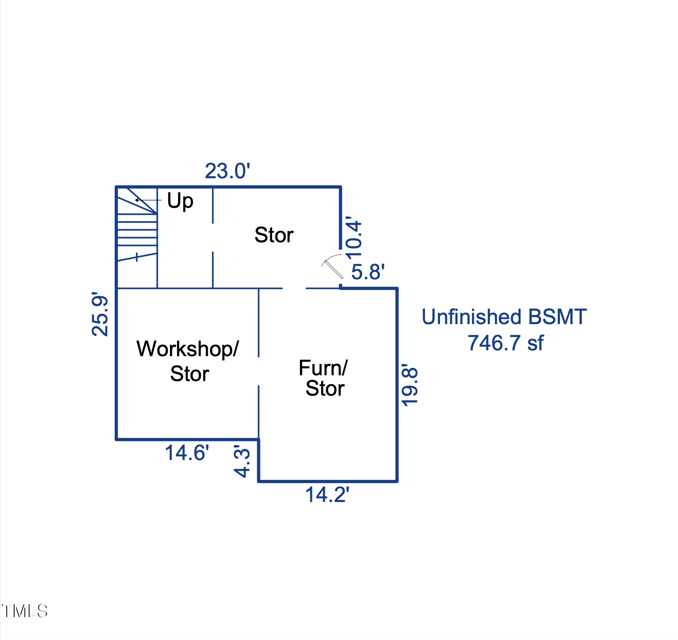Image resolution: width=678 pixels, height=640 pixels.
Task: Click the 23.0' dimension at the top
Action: click(x=227, y=171)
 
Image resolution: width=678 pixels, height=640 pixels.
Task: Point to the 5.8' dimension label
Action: click(x=368, y=272)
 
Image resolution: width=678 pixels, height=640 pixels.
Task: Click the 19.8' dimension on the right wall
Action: click(x=410, y=385)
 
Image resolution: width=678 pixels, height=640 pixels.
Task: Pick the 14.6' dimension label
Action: click(x=187, y=453)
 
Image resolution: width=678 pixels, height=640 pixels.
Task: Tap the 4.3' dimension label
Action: click(x=242, y=461)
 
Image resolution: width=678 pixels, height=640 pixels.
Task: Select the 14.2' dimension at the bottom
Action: click(x=327, y=495)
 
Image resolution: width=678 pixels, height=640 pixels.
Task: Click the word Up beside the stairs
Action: click(x=180, y=201)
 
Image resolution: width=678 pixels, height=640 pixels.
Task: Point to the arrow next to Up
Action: click(x=148, y=200)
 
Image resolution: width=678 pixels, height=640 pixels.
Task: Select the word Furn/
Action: click(x=323, y=368)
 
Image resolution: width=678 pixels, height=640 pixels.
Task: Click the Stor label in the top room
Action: click(x=274, y=235)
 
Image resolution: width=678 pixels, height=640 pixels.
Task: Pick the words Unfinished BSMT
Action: click(x=504, y=317)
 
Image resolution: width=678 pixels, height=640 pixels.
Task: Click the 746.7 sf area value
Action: click(x=505, y=343)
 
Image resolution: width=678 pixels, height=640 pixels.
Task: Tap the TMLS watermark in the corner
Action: click(x=25, y=611)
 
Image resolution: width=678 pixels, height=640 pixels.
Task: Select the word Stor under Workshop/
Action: click(x=189, y=374)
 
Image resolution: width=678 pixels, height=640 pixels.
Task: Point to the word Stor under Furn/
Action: click(x=325, y=389)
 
